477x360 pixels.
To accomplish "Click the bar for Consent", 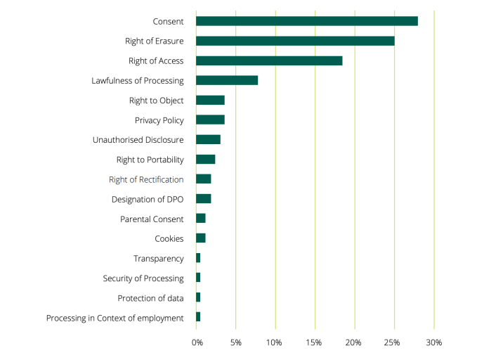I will (306, 21).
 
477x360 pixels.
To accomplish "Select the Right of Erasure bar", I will (295, 41).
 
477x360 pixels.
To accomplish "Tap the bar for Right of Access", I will (269, 60).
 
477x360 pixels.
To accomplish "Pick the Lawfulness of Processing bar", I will (227, 80).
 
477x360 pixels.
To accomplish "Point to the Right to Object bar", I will (210, 100).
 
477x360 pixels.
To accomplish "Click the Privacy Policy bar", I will (210, 120).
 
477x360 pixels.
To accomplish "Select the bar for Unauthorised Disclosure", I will (208, 139).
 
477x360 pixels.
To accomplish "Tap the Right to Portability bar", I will (205, 159).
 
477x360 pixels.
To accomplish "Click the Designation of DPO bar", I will (203, 199).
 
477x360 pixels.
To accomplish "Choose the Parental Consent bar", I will (200, 219).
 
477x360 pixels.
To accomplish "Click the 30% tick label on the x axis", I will (434, 342).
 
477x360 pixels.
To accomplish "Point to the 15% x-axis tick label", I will (314, 342).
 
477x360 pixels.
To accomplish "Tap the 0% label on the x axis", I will (197, 342).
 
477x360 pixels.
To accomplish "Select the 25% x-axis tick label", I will (393, 342).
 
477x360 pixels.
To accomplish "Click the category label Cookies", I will (169, 239).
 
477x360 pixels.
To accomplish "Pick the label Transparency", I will (159, 259).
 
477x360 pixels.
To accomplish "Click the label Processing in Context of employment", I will (115, 319).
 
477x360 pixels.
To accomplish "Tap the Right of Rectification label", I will (146, 179).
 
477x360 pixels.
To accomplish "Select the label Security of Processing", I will (143, 278).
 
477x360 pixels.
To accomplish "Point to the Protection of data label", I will (150, 298).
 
